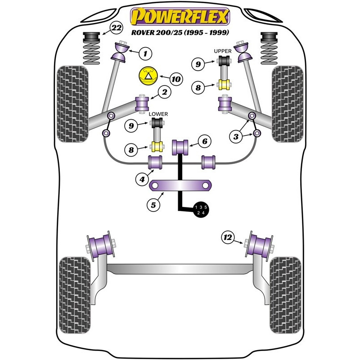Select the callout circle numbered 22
117,28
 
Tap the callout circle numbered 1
145,54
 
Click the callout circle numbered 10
175,79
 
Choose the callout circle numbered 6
204,142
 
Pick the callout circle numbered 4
142,179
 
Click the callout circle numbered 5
153,205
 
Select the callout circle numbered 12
228,237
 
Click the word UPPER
223,51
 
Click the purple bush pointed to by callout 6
181,146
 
